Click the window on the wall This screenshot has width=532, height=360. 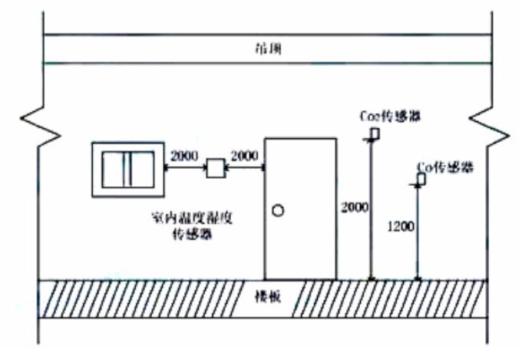pyautogui.click(x=127, y=169)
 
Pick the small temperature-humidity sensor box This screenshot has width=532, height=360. pyautogui.click(x=215, y=168)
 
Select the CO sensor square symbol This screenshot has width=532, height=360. pyautogui.click(x=421, y=179)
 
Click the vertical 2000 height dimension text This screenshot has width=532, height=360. pyautogui.click(x=355, y=207)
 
